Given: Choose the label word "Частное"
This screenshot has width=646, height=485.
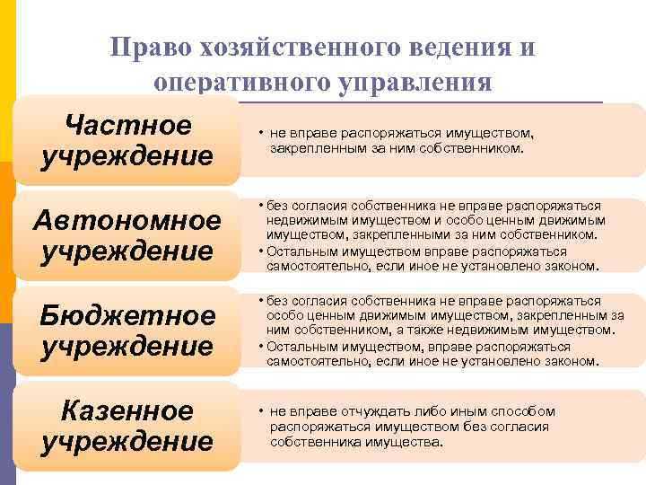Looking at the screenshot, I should coord(128,124).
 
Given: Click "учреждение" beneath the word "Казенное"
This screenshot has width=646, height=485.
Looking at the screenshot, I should coord(127,442).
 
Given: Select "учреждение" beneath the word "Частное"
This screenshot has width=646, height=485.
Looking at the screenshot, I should coord(127,155).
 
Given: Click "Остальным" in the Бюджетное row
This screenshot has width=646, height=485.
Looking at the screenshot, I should coord(299,346).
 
